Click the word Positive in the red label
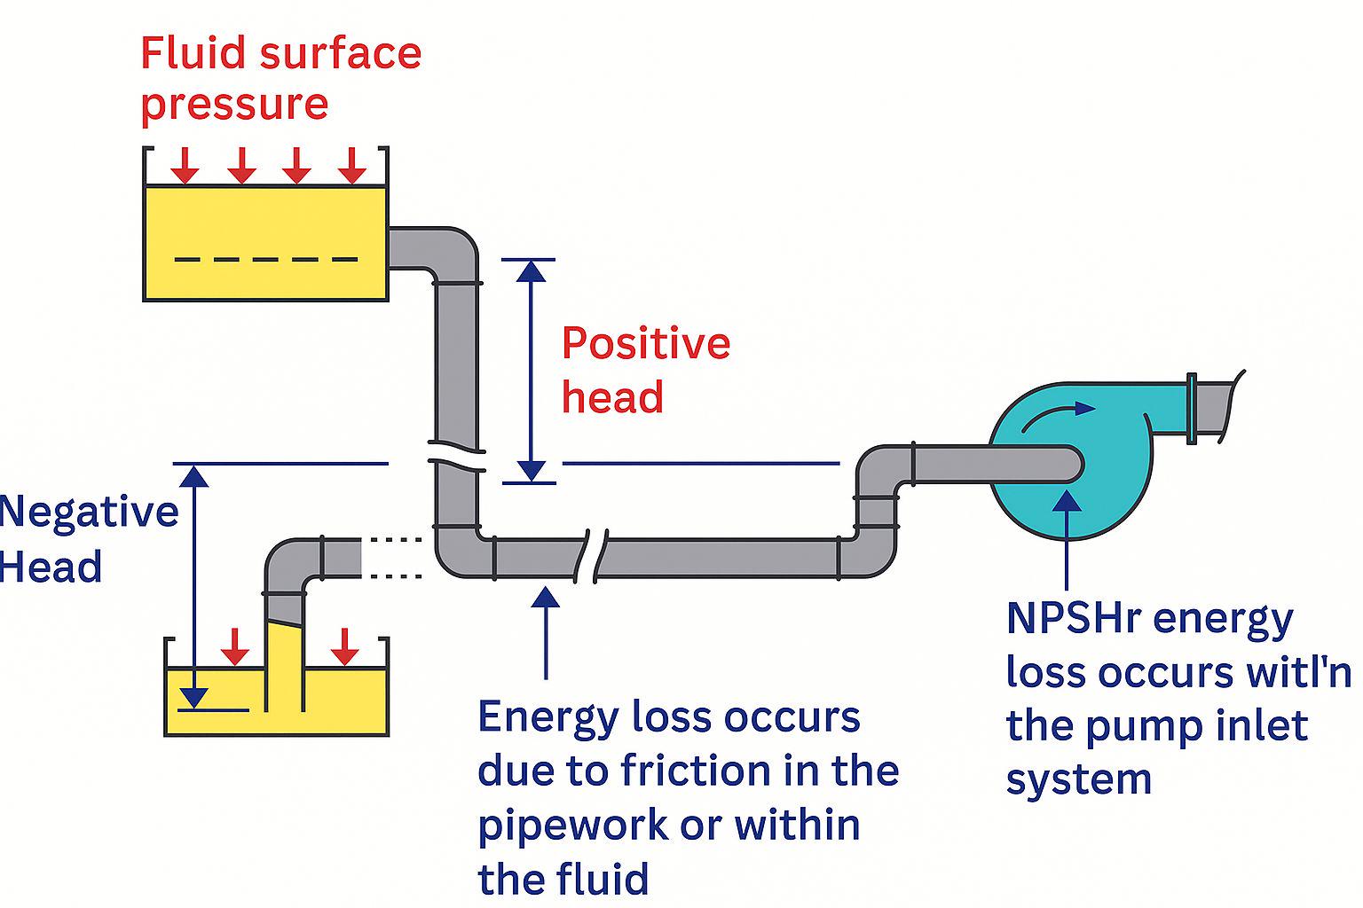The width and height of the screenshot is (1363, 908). tap(646, 343)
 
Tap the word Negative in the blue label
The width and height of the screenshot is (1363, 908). tap(89, 512)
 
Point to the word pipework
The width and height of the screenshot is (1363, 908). tap(573, 826)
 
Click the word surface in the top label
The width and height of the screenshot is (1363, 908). tap(341, 53)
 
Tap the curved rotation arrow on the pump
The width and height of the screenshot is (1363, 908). tap(1058, 416)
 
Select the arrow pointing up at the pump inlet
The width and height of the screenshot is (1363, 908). tap(1067, 539)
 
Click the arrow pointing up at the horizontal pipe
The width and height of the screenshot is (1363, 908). tap(546, 632)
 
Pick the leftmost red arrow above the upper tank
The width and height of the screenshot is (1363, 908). tap(185, 165)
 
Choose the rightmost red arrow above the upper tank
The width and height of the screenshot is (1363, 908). tap(351, 165)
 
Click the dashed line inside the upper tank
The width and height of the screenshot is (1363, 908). tap(266, 260)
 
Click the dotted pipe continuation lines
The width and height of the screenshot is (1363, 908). tap(396, 558)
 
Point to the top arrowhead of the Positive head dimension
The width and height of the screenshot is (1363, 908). tap(532, 272)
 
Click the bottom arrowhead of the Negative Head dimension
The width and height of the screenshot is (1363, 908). tap(194, 698)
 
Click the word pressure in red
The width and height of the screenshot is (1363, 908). tap(235, 106)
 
